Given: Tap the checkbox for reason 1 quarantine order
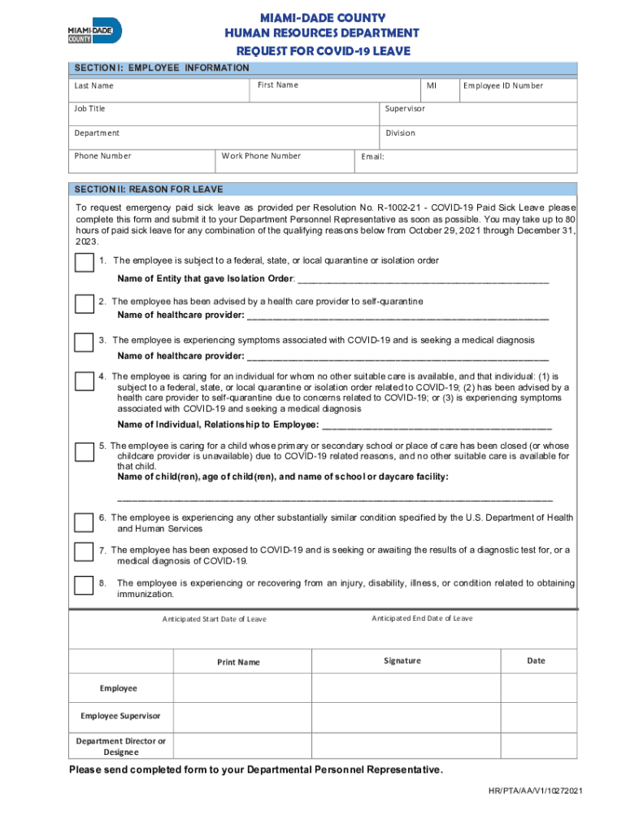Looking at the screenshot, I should (x=84, y=262).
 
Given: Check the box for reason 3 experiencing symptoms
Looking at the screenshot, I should (x=84, y=342).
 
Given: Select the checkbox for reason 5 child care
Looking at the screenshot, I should (x=84, y=451).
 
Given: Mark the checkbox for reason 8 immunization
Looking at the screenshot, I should (x=84, y=585).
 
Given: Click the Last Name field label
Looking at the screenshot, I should (x=94, y=86).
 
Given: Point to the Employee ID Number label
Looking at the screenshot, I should (x=503, y=85).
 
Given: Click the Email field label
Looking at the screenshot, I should (x=372, y=157).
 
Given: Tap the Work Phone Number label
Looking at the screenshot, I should (x=261, y=155).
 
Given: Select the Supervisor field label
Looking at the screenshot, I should (x=405, y=108).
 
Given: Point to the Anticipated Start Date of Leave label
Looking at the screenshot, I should (x=214, y=619).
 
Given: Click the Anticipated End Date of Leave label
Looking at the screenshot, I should (x=422, y=618).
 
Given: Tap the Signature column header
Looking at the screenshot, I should (x=402, y=661).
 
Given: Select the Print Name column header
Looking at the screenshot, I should (x=238, y=662).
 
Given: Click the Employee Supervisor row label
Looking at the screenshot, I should (x=120, y=716).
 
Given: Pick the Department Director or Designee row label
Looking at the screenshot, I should (x=120, y=746).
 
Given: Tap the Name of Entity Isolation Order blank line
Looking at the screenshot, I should (x=423, y=281).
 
